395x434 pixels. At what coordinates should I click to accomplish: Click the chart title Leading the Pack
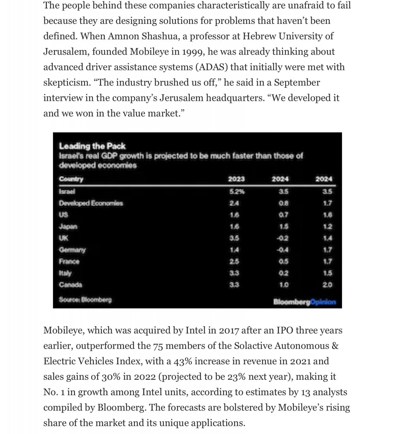pos(92,146)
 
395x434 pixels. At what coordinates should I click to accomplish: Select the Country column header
pos(71,179)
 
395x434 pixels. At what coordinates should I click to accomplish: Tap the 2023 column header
pos(236,179)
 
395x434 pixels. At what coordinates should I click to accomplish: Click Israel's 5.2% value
pos(237,192)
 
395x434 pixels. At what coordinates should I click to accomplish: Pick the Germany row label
pos(72,250)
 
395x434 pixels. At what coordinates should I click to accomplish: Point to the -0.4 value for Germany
pos(282,250)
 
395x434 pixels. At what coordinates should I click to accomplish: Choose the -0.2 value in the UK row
pos(282,238)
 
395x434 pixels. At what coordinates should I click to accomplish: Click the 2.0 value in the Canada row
pos(327,285)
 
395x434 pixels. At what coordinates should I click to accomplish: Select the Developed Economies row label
pos(91,203)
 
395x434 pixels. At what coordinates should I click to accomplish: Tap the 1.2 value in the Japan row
pos(327,226)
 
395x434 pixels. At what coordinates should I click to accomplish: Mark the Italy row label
pos(65,273)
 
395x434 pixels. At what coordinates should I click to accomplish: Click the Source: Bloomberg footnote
pos(85,300)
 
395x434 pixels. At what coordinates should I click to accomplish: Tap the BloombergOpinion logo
pos(305,302)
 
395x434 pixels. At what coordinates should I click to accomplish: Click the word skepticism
pos(67,83)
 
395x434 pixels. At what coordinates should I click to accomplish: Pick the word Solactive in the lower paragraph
pos(253,346)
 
